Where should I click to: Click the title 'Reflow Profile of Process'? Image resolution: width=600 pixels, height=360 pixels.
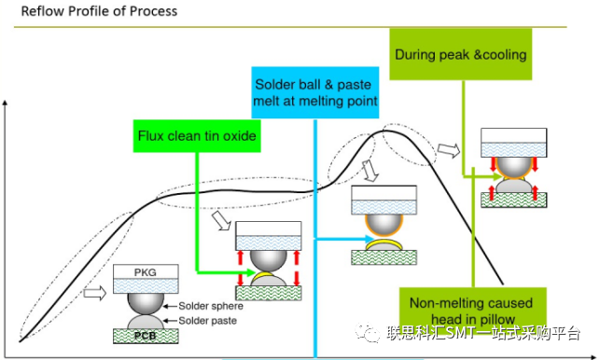click(99, 11)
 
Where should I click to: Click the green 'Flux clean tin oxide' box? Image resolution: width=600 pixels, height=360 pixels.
click(197, 136)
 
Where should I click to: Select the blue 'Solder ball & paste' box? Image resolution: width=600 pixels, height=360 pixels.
click(314, 92)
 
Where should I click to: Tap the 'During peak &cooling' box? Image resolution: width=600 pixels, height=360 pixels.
click(461, 54)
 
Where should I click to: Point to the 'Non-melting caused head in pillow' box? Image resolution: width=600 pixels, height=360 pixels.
click(472, 311)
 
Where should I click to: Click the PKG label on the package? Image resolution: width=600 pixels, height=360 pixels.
click(145, 272)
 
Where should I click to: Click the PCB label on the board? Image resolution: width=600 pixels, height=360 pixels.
click(145, 336)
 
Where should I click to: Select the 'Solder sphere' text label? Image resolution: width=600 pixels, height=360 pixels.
click(211, 306)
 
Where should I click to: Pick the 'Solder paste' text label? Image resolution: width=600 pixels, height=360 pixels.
click(208, 321)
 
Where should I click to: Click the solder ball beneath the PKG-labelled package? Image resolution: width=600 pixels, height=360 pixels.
click(146, 302)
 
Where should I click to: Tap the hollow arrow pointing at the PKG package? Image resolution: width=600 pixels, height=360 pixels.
click(94, 293)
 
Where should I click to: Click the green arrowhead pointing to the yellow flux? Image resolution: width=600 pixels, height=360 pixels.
click(251, 272)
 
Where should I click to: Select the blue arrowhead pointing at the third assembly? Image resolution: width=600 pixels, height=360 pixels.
click(370, 239)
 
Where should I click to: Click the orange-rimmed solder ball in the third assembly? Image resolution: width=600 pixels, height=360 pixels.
click(384, 224)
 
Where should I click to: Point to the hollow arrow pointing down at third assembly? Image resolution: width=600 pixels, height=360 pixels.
click(370, 171)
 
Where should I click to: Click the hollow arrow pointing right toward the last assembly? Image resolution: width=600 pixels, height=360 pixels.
click(449, 150)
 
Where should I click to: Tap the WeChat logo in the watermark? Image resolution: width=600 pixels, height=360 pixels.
click(368, 332)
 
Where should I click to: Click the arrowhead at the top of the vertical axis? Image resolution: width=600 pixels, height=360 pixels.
click(5, 103)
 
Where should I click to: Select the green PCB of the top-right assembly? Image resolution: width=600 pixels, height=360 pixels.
click(513, 201)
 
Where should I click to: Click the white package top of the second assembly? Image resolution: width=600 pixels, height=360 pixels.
click(268, 228)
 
